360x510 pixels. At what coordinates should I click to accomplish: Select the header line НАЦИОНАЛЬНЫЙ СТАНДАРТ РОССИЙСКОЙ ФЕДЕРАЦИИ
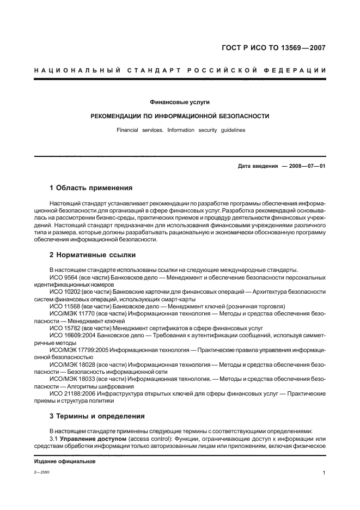pos(180,70)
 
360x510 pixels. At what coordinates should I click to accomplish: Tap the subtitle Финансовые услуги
pos(180,102)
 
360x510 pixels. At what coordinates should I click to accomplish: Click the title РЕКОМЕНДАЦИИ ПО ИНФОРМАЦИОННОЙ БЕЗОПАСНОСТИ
pos(180,116)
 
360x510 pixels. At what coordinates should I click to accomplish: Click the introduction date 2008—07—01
pos(307,166)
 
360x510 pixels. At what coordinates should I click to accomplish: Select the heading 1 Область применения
pos(91,188)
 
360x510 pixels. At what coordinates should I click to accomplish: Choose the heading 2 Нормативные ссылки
pos(93,254)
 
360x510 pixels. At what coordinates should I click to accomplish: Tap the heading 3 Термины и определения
pos(97,416)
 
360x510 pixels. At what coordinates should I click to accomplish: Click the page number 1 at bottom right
pos(324,473)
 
